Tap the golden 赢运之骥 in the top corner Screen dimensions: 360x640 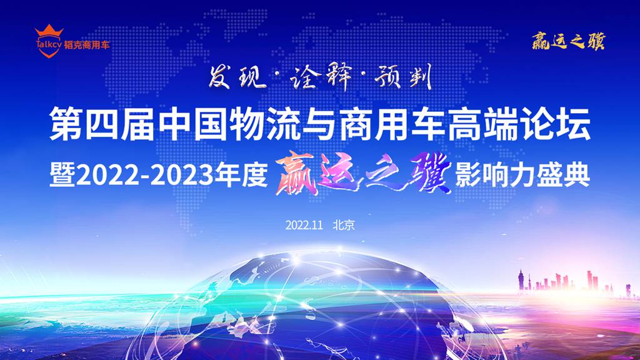point(568,42)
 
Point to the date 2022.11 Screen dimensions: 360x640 point(304,224)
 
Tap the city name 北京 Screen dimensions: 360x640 point(344,224)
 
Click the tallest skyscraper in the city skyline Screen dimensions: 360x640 point(521,280)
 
